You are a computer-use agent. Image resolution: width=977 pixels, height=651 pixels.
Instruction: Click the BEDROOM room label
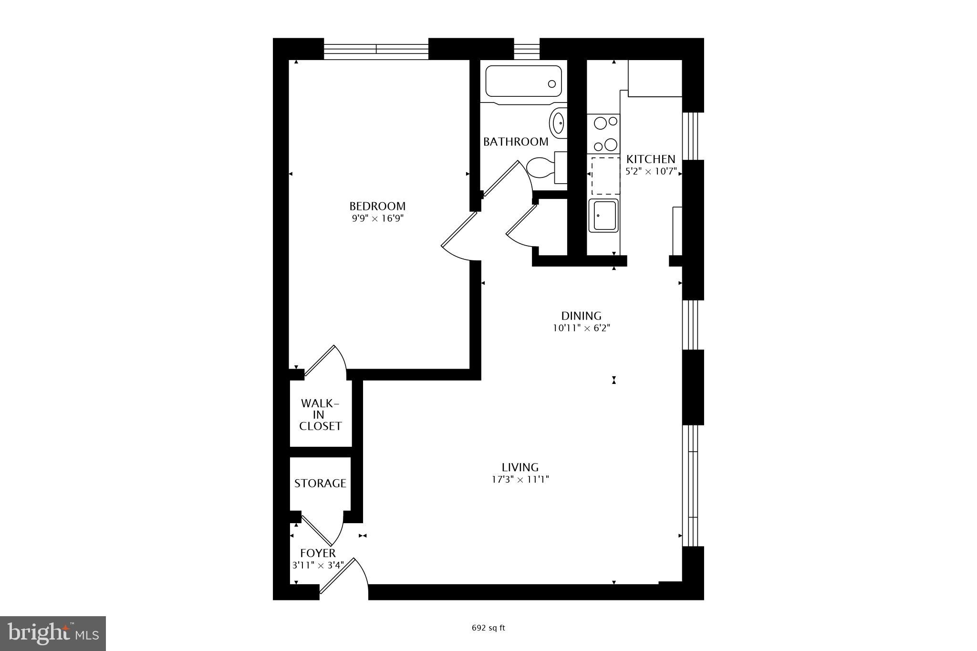(377, 206)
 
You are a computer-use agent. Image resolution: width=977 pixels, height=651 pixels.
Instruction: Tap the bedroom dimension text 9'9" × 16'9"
(377, 219)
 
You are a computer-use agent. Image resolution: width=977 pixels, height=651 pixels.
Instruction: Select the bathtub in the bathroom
(523, 82)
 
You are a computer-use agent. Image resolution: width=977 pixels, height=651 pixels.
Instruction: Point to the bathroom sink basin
(558, 123)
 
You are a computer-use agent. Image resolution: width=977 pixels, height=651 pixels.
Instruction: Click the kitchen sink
(603, 216)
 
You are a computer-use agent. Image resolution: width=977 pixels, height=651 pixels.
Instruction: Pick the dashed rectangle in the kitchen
(605, 176)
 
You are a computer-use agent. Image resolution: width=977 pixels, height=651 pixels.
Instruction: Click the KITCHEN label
(651, 159)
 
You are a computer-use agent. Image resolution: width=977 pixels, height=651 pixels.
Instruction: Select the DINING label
(581, 316)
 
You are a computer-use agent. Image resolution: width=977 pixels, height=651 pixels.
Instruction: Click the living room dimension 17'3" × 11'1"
(520, 479)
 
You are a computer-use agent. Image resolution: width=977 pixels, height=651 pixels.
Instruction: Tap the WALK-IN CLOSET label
(320, 414)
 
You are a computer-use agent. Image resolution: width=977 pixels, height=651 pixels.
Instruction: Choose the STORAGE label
(320, 483)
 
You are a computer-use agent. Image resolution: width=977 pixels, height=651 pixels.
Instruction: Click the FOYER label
(318, 553)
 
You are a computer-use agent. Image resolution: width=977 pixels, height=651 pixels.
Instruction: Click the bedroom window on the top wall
(376, 49)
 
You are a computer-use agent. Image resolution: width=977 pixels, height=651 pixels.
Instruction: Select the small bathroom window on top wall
(526, 49)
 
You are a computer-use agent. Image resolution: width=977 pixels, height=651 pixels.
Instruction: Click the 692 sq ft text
(488, 628)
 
